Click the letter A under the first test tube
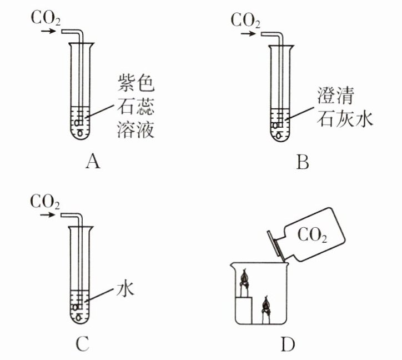click(93, 162)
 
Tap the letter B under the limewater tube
click(303, 162)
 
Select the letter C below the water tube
click(83, 344)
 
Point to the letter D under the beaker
click(288, 344)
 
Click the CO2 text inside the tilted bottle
click(312, 235)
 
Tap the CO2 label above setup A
click(46, 18)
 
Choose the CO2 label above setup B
click(245, 21)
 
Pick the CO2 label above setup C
click(45, 202)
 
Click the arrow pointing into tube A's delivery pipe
click(48, 31)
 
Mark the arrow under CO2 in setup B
click(248, 34)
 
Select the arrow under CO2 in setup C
click(48, 214)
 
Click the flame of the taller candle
click(244, 278)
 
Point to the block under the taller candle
click(244, 310)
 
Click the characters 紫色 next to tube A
click(136, 83)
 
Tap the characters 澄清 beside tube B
click(335, 95)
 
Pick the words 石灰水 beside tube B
click(345, 118)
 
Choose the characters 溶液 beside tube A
click(136, 129)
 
